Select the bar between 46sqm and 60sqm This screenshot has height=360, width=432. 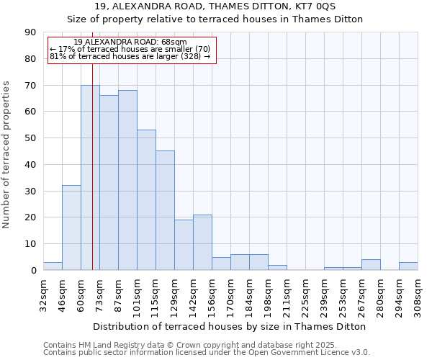[71, 228]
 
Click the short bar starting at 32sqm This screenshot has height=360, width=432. [53, 266]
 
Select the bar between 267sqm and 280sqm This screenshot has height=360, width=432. [371, 265]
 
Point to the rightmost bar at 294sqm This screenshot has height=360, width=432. [408, 266]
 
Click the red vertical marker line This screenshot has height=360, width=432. [92, 180]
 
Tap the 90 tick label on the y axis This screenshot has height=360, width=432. [30, 32]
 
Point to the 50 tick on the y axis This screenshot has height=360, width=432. [30, 138]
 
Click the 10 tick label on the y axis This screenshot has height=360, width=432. [30, 244]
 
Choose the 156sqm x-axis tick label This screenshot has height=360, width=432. [212, 295]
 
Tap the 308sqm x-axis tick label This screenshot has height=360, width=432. [418, 295]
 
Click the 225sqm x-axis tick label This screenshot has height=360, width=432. [306, 295]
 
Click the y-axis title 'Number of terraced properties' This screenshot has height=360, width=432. [6, 154]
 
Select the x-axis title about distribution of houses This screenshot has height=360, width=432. [230, 326]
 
